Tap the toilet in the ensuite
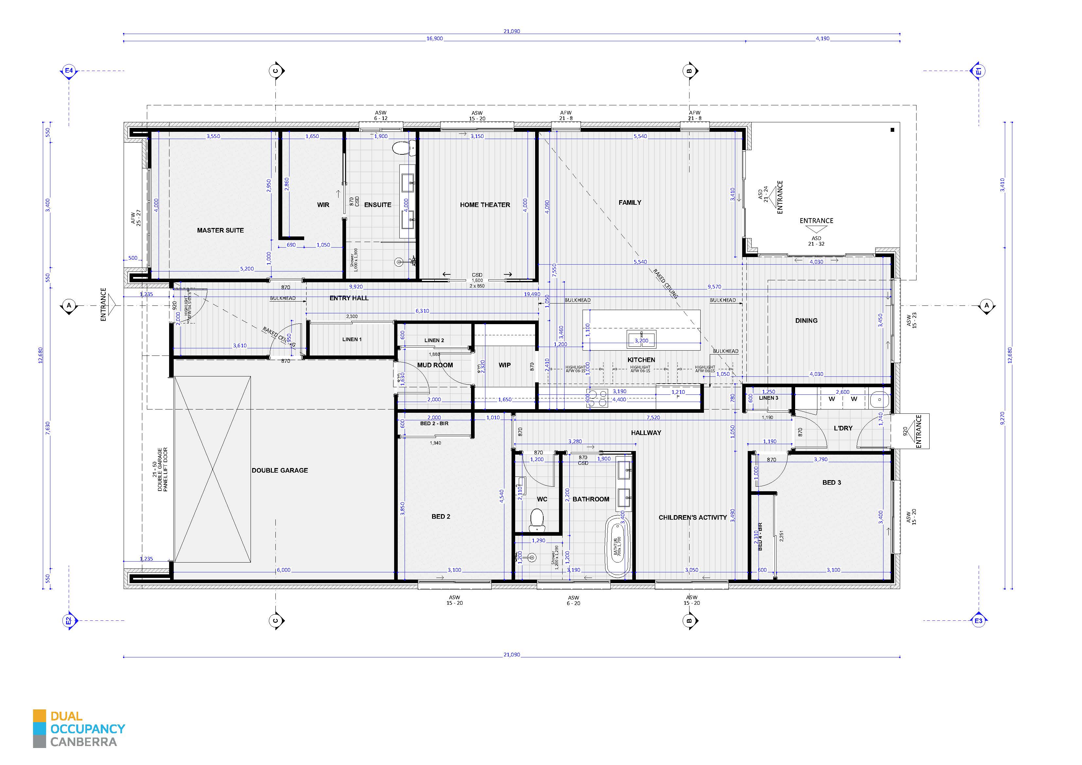[x=401, y=149]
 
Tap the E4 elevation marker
[x=69, y=71]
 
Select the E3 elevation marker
[x=979, y=621]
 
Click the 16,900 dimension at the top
[x=434, y=39]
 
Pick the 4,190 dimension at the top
[x=822, y=39]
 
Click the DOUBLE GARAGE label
[x=279, y=470]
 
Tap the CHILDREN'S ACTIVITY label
[x=692, y=517]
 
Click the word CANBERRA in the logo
[x=83, y=742]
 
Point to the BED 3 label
[x=831, y=483]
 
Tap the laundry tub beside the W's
[x=879, y=401]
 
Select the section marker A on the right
[x=986, y=306]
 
